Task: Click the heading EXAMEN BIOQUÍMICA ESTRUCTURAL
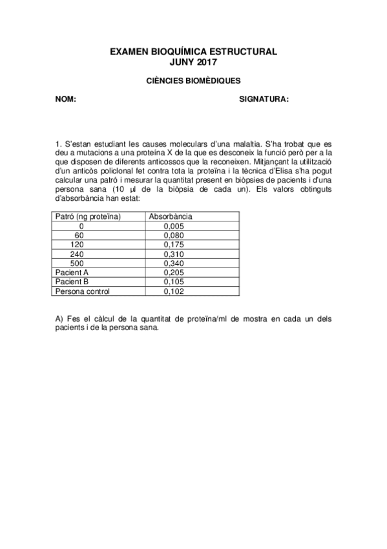(193, 50)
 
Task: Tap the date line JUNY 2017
(193, 62)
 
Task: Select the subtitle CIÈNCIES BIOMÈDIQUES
(193, 81)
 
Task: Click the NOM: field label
(66, 99)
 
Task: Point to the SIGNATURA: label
(264, 99)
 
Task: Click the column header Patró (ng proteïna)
(89, 216)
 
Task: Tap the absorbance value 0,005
(174, 226)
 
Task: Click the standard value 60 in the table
(79, 236)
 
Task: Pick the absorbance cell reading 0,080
(174, 236)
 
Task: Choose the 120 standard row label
(79, 245)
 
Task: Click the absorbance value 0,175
(174, 245)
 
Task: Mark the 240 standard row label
(79, 254)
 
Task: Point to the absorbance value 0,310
(174, 254)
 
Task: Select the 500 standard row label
(79, 263)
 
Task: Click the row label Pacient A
(72, 273)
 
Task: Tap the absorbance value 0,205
(174, 273)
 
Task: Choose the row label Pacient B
(72, 282)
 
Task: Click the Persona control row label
(83, 291)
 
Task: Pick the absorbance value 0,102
(174, 291)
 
